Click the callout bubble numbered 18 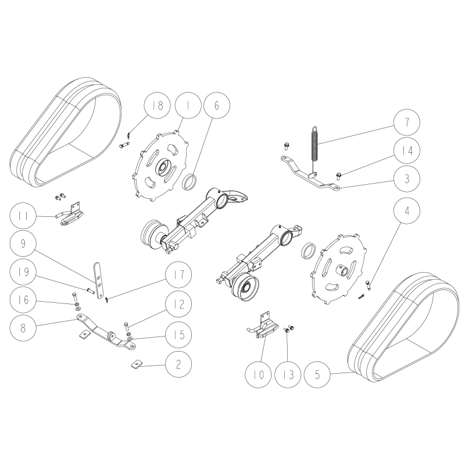tap(158, 105)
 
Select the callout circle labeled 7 tap(407, 122)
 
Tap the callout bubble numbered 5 tap(317, 375)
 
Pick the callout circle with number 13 tap(288, 375)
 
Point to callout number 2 tap(178, 364)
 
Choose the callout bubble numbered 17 tap(178, 274)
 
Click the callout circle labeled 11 tap(23, 216)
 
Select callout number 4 tap(407, 211)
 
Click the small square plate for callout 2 tap(136, 364)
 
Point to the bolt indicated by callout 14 tap(339, 176)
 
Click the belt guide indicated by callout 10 tap(263, 327)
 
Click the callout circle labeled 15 tap(178, 335)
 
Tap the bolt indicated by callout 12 tap(127, 327)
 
